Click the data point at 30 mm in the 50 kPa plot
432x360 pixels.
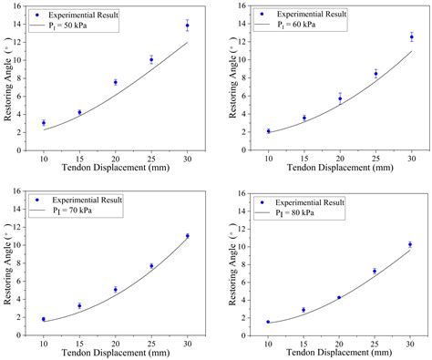coord(187,26)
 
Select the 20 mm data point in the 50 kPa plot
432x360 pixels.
coord(115,82)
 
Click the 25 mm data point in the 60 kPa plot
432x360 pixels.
coord(375,74)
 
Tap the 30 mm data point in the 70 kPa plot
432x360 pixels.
coord(187,235)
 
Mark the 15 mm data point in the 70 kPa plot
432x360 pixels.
coord(79,305)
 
